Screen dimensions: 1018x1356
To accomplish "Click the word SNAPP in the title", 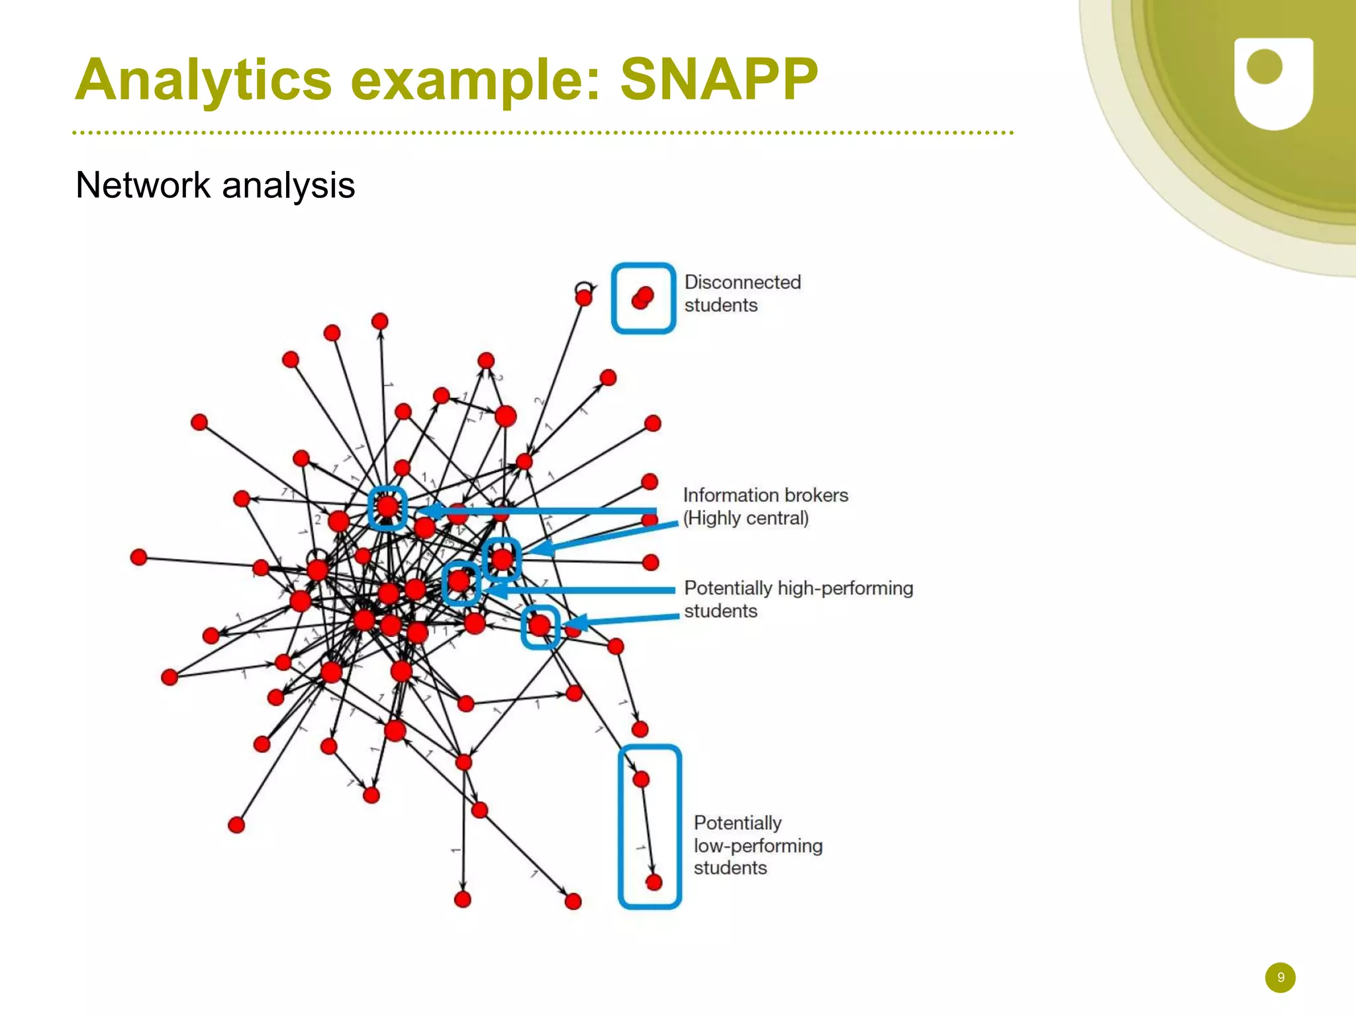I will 719,79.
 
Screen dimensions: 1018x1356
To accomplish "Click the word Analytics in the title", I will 203,79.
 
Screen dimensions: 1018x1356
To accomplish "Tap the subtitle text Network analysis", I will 215,185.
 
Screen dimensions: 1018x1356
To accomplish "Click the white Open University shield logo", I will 1273,83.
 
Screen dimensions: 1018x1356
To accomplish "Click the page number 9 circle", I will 1280,978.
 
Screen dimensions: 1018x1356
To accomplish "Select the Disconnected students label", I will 742,293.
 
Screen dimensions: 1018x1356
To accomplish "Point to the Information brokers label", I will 765,495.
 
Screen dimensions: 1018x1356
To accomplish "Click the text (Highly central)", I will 746,518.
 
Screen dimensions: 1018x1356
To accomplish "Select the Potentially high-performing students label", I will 798,599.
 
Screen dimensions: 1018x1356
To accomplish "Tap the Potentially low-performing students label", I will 757,845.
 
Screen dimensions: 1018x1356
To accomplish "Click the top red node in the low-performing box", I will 641,779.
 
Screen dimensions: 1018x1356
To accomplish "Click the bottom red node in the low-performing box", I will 654,882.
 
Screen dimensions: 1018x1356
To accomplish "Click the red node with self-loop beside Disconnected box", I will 583,298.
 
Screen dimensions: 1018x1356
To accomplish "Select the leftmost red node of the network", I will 138,557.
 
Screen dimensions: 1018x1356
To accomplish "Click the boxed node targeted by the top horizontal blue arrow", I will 388,508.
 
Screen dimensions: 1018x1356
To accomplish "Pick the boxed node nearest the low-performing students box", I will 540,625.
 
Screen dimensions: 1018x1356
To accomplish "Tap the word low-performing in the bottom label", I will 757,846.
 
